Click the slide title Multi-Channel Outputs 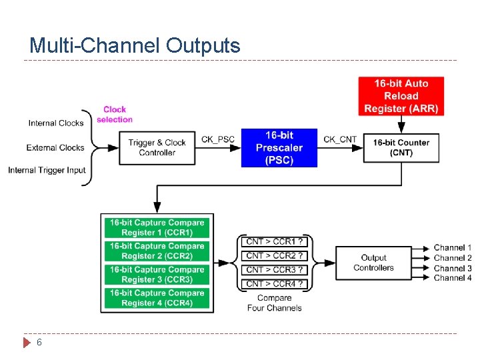pyautogui.click(x=135, y=45)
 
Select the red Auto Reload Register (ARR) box pyautogui.click(x=401, y=96)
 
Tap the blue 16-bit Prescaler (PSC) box pyautogui.click(x=279, y=147)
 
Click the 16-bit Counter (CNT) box pyautogui.click(x=401, y=147)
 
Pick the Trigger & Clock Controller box pyautogui.click(x=157, y=147)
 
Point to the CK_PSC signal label pyautogui.click(x=218, y=139)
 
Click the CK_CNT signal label pyautogui.click(x=340, y=139)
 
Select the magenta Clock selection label pyautogui.click(x=115, y=114)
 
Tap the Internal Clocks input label pyautogui.click(x=56, y=123)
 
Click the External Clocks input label pyautogui.click(x=55, y=147)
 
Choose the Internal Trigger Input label pyautogui.click(x=47, y=170)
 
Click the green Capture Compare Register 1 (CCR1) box pyautogui.click(x=157, y=227)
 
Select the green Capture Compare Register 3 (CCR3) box pyautogui.click(x=157, y=275)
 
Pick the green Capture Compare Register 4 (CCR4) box pyautogui.click(x=157, y=298)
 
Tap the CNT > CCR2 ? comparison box pyautogui.click(x=275, y=255)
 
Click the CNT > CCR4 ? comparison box pyautogui.click(x=275, y=283)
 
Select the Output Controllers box pyautogui.click(x=373, y=263)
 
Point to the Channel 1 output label pyautogui.click(x=452, y=247)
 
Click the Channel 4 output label pyautogui.click(x=452, y=277)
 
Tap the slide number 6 pyautogui.click(x=39, y=342)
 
